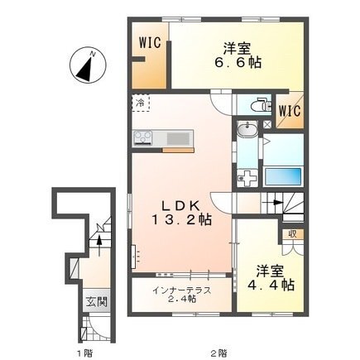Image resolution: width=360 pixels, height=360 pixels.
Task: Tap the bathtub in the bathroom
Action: point(283,177)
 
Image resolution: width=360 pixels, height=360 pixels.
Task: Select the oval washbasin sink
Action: point(247,129)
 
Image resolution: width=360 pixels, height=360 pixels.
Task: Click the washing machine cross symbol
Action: point(247,178)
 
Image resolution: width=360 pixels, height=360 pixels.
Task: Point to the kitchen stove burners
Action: point(143,137)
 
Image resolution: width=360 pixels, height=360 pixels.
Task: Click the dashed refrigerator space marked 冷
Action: point(141,103)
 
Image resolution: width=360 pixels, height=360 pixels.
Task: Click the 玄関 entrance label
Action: point(96,302)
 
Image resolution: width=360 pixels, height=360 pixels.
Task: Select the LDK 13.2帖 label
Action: point(181,213)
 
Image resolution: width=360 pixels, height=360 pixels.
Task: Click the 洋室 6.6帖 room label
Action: point(238,56)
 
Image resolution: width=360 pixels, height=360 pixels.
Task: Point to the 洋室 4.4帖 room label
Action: point(271,278)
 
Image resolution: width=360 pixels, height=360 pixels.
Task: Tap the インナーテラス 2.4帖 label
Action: point(182,294)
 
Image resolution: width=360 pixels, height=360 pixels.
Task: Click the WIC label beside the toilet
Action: point(289,112)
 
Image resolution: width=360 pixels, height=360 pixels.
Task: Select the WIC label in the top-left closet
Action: point(150,43)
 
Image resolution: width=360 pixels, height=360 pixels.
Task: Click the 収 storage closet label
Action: point(293,234)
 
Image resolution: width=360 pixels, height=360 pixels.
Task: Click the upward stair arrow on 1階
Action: point(99,242)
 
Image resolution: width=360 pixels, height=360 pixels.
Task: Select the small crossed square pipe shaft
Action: point(267,124)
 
